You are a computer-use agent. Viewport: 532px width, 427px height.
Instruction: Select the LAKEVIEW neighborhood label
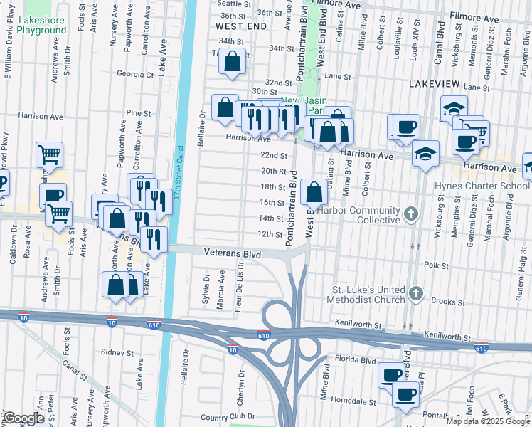[x=434, y=84]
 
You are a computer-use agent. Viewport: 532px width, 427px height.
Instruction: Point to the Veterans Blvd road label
[x=232, y=253]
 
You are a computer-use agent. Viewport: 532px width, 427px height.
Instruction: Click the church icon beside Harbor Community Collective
[x=410, y=214]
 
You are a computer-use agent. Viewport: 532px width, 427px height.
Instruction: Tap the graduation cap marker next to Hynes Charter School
[x=425, y=154]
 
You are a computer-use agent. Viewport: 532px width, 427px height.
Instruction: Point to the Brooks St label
[x=448, y=302]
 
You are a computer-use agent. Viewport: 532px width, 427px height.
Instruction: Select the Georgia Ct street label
[x=135, y=74]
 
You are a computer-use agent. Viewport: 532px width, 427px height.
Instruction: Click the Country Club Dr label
[x=228, y=417]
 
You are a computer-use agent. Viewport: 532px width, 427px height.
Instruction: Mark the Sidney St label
[x=117, y=352]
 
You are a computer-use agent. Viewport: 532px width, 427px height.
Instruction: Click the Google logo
[x=23, y=418]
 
